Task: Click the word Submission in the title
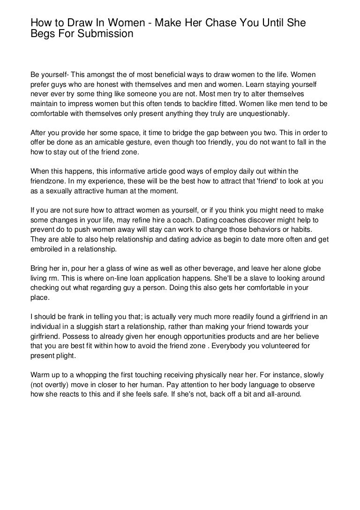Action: pyautogui.click(x=102, y=34)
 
